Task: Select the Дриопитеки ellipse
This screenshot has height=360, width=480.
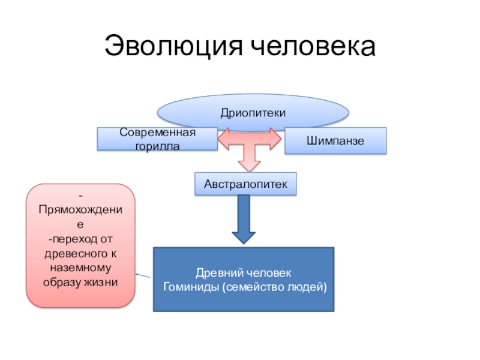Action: (x=253, y=112)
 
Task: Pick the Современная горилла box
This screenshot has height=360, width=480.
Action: (x=157, y=139)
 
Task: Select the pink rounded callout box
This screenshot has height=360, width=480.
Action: (x=80, y=246)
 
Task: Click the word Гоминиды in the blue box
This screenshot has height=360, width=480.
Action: (x=190, y=287)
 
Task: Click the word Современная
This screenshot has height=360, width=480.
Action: (x=157, y=133)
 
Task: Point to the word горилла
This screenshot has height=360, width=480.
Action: (x=157, y=146)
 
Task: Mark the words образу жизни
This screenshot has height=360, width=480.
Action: (x=80, y=281)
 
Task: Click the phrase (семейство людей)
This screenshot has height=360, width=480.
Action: (x=274, y=287)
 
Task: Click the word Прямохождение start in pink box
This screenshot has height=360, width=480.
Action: (x=80, y=210)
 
